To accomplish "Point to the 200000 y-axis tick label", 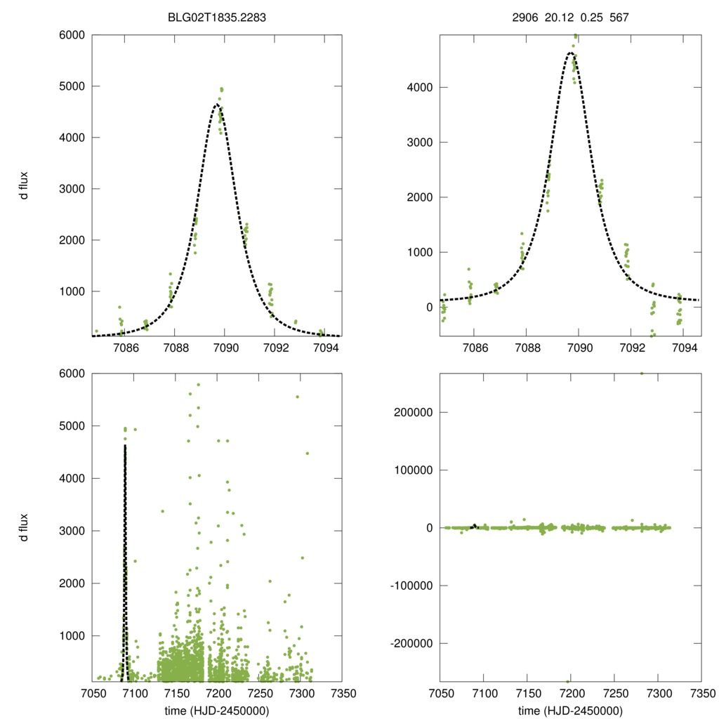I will coord(412,411).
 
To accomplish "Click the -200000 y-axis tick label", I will coord(410,643).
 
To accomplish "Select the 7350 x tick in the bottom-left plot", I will coord(342,692).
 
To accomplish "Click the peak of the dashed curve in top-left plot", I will coord(217,105).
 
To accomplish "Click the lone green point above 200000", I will coord(641,373).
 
